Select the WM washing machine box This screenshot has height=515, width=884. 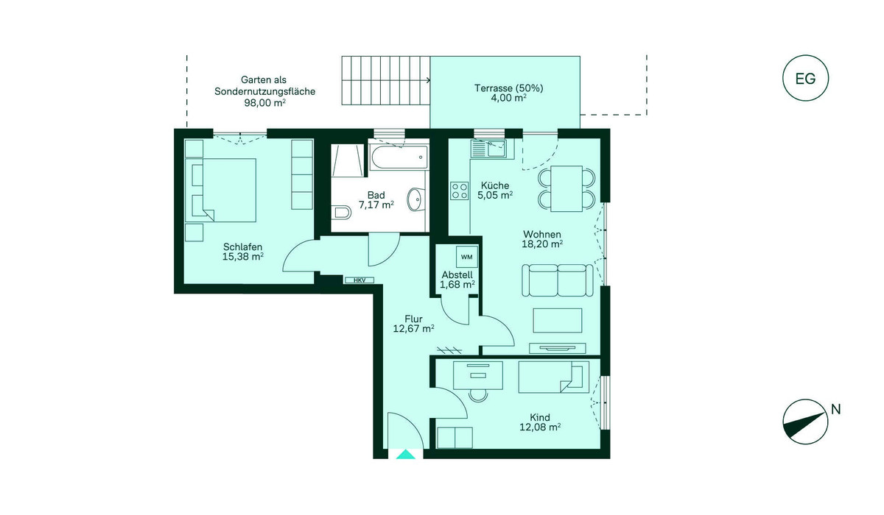tap(467, 257)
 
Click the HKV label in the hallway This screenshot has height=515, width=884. tap(359, 280)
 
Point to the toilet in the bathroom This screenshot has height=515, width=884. tap(342, 213)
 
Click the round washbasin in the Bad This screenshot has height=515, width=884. tap(415, 199)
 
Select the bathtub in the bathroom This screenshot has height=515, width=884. tap(399, 157)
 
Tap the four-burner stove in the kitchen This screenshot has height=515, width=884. tap(460, 191)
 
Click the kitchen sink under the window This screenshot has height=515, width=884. tap(488, 149)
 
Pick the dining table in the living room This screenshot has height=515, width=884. tap(566, 189)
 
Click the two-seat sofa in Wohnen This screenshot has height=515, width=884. tap(557, 280)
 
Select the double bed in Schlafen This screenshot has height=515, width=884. tap(220, 190)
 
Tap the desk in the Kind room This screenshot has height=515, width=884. tap(478, 375)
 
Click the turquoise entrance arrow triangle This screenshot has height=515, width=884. tap(406, 455)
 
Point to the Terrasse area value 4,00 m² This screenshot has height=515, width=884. tap(508, 98)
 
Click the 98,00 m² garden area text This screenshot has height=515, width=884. tap(264, 103)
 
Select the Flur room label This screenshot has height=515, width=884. tap(413, 319)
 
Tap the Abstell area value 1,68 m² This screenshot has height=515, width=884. tap(457, 284)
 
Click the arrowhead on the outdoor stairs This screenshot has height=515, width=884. tap(428, 80)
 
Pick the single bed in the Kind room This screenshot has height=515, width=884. tap(554, 377)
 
